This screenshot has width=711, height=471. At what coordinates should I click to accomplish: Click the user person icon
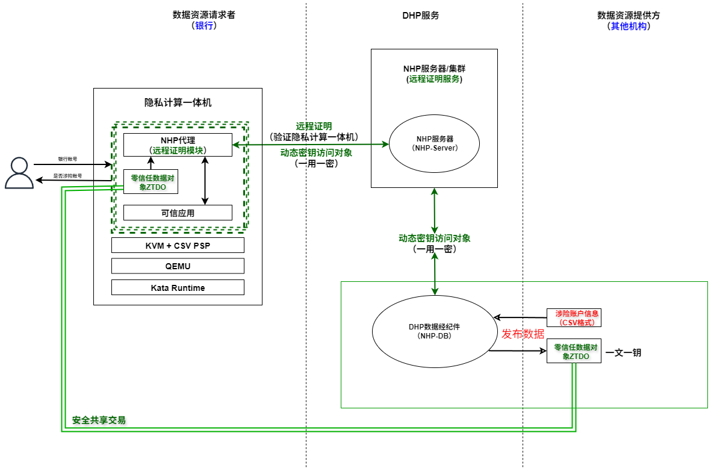tap(19, 173)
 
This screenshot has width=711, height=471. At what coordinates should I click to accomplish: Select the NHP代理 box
tap(178, 145)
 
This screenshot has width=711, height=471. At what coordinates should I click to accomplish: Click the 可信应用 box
tap(178, 213)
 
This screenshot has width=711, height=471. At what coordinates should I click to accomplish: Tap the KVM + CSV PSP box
tap(178, 245)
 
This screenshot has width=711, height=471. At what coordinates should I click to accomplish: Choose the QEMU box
tap(178, 266)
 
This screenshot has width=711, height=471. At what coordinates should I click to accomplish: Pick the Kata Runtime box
tap(178, 288)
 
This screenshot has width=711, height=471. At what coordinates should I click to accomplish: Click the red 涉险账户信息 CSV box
tap(574, 317)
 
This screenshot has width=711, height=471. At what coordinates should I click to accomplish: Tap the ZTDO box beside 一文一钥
tap(574, 352)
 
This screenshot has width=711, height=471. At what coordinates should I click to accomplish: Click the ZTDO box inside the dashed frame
tap(151, 182)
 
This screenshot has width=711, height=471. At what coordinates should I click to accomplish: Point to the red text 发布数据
tap(523, 334)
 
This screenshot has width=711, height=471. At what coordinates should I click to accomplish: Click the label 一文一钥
tap(623, 352)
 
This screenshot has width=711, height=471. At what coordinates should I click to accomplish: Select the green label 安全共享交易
tap(99, 420)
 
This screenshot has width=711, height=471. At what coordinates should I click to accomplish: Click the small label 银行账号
tap(67, 159)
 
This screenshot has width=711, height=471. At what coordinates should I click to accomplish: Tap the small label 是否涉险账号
tap(67, 176)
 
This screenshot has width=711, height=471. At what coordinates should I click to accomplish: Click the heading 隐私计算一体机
tap(178, 102)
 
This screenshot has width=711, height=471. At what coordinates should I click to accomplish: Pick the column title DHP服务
tap(420, 16)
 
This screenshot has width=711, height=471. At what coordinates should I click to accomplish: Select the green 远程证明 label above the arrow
tap(314, 126)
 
